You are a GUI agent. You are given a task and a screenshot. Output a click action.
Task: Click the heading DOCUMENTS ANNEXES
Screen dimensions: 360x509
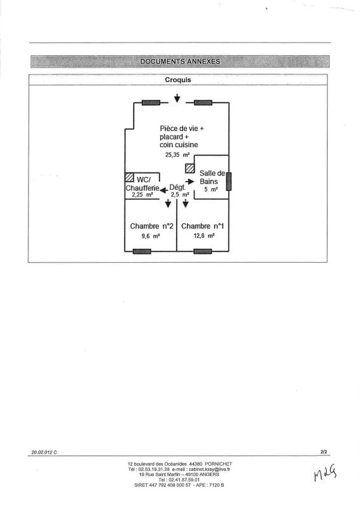[180, 61]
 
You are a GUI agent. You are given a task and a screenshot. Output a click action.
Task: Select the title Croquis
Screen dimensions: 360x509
[178, 80]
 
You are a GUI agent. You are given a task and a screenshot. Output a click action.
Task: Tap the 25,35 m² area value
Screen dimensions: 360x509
[177, 155]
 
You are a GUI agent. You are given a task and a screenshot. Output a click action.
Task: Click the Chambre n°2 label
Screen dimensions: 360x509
[149, 226]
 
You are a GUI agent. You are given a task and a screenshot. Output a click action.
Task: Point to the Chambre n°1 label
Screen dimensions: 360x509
[202, 226]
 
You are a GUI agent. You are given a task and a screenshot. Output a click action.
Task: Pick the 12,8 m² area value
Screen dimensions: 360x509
[204, 235]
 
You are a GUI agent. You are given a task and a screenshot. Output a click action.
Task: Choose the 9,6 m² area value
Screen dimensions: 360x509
[150, 236]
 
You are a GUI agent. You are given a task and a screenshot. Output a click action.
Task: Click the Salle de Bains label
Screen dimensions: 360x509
[212, 178]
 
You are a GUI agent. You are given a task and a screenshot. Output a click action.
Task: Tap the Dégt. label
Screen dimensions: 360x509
[177, 187]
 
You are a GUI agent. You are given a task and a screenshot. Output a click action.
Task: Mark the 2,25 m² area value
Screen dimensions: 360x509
[142, 195]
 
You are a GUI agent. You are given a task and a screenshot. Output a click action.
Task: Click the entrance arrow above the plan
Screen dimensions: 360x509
[177, 98]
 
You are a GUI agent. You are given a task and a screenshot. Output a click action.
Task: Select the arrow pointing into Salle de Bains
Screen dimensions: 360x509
[190, 181]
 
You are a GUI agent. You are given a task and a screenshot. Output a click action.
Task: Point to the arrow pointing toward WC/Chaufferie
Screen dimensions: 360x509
[163, 190]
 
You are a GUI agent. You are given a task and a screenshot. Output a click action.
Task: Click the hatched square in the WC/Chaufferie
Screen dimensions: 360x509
[130, 177]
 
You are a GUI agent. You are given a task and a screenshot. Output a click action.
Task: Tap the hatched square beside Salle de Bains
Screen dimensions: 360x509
[190, 168]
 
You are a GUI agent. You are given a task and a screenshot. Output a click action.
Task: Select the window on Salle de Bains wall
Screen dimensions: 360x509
[229, 181]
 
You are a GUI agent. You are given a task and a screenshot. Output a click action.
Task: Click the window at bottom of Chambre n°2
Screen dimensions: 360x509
[142, 251]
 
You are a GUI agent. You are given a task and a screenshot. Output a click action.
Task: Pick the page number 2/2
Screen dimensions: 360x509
[324, 452]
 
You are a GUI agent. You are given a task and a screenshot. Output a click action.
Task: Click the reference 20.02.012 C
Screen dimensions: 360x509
[44, 452]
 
